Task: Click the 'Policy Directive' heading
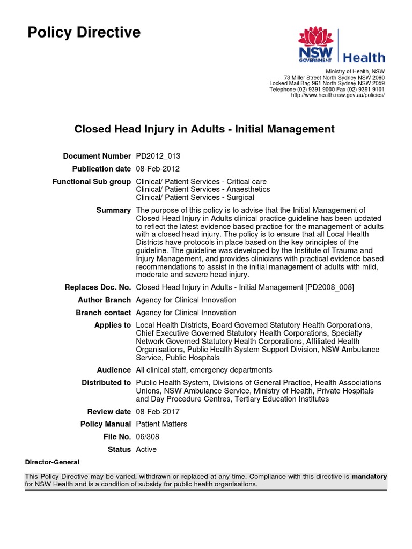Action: pos(84,33)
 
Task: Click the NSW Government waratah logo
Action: pos(316,46)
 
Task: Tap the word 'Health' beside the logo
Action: pos(364,57)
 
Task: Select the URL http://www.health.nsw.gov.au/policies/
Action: pos(337,95)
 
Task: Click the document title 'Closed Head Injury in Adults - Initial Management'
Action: pos(204,129)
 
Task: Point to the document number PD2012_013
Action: pos(158,156)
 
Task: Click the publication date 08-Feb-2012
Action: pos(157,169)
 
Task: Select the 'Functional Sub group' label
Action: pos(91,182)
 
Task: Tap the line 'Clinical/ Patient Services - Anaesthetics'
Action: pos(203,189)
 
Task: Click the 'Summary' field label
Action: pos(113,210)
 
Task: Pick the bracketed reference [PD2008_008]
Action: pos(329,287)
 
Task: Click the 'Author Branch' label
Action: pos(104,300)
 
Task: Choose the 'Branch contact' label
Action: pos(103,313)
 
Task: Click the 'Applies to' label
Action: pos(112,325)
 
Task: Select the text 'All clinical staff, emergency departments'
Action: pos(204,370)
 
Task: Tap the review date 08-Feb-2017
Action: pos(158,412)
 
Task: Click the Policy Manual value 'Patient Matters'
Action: pos(161,424)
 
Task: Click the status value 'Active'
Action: pos(146,449)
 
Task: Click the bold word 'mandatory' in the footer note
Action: pos(369,476)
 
